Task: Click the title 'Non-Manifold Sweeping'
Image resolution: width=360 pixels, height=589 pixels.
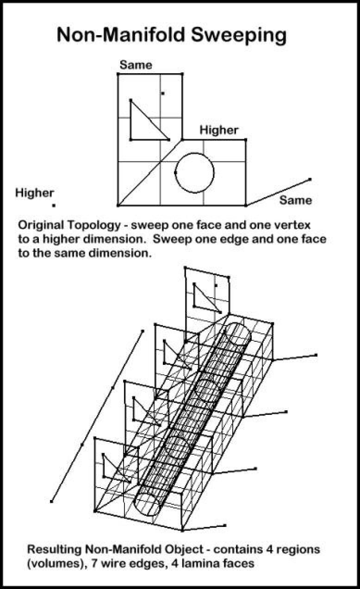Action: tap(171, 35)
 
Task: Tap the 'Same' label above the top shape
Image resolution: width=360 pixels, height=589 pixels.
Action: tap(136, 65)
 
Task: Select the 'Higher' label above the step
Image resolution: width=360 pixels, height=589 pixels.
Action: tap(219, 130)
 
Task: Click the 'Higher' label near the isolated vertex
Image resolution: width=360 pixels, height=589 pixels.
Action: tap(35, 193)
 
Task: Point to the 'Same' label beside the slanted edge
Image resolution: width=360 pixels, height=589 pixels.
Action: tap(295, 200)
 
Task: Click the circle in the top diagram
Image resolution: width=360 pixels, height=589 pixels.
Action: tap(195, 172)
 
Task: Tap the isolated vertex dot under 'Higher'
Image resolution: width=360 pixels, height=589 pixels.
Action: tap(54, 205)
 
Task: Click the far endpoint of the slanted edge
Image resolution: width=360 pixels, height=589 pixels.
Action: tap(310, 179)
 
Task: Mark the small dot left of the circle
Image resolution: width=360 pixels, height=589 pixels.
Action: tap(175, 172)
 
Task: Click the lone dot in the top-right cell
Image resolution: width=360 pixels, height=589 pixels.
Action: tap(162, 94)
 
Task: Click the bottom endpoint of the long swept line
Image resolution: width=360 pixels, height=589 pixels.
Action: tap(52, 501)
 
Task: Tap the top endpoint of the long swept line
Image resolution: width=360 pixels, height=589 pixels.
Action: tap(143, 331)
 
